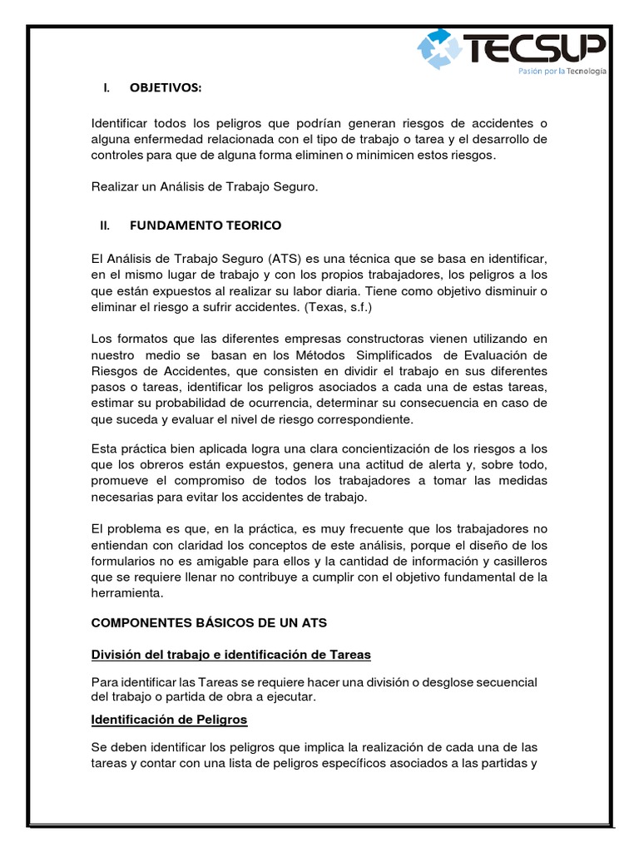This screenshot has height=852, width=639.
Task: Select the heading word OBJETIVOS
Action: [x=165, y=87]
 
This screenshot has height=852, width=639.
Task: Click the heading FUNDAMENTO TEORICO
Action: [x=205, y=225]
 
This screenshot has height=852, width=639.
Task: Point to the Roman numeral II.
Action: [x=105, y=225]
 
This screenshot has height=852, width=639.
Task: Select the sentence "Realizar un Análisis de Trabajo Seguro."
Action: [x=205, y=189]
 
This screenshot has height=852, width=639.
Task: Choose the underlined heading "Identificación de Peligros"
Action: [x=169, y=718]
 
